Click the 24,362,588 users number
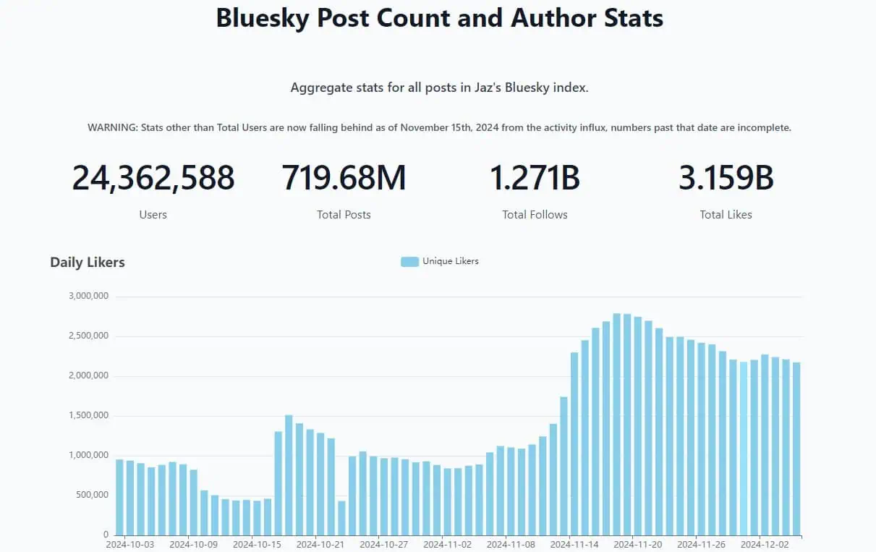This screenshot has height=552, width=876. [x=153, y=178]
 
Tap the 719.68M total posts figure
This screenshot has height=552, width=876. [x=344, y=178]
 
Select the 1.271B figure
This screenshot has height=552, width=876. [x=535, y=178]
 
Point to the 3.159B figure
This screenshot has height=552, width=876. [x=726, y=178]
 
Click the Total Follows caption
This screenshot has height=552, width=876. [x=535, y=215]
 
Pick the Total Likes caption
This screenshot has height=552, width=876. [x=726, y=215]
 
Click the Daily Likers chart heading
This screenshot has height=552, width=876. [x=88, y=263]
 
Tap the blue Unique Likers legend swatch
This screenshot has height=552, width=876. [x=409, y=262]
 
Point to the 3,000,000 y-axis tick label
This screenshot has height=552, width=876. [x=88, y=296]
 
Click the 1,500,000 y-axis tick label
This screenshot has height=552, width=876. [x=88, y=415]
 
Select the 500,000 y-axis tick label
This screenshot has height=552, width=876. [x=91, y=495]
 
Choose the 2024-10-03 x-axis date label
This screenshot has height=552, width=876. [x=129, y=544]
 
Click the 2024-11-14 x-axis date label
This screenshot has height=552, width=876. [x=574, y=544]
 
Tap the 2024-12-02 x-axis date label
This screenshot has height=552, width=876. [x=765, y=544]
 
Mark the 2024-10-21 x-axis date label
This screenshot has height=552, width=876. [x=320, y=544]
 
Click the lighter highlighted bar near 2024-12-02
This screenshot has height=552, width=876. [x=744, y=448]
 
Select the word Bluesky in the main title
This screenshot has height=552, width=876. [x=260, y=17]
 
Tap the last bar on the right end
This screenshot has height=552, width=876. [x=796, y=449]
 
